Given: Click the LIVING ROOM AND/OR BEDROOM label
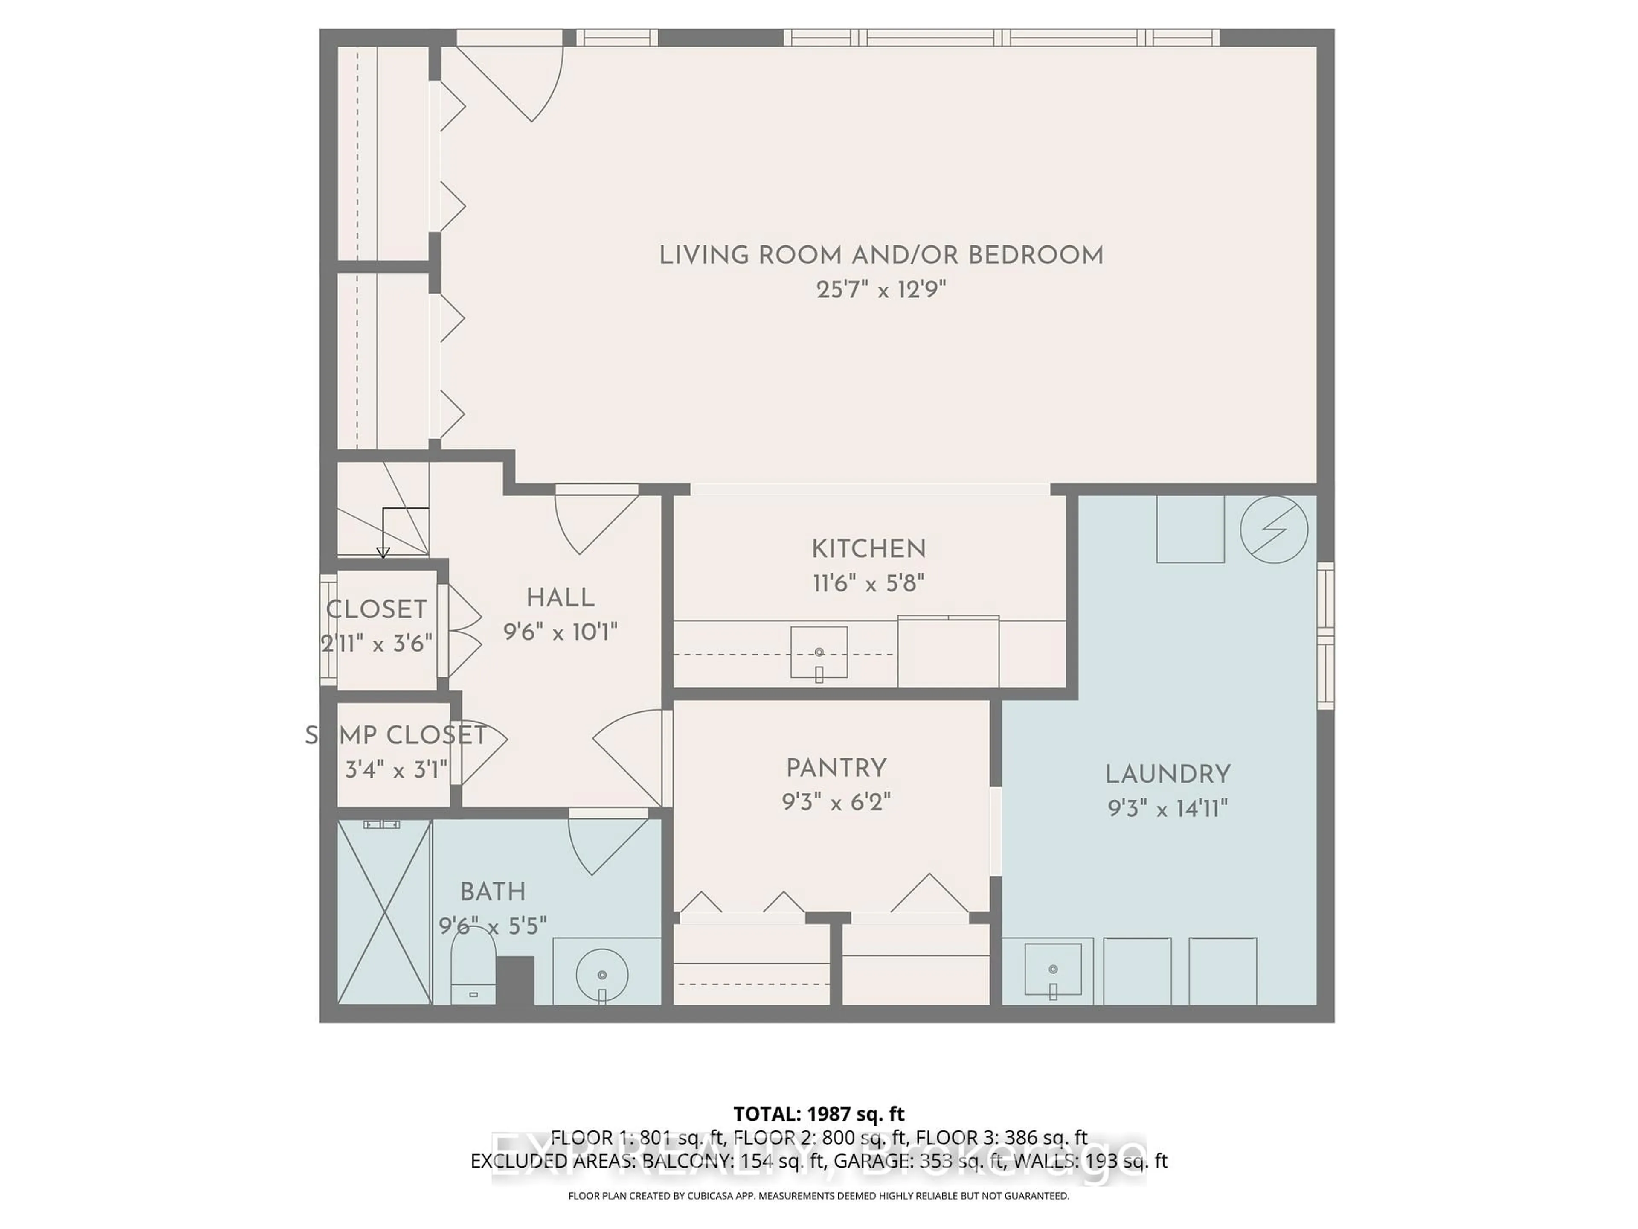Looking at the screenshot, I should (881, 256).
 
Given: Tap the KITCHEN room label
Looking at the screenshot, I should (868, 549).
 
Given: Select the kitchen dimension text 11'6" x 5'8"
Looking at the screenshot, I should (868, 584).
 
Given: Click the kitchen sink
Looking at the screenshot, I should (818, 652).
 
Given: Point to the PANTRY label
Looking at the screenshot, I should (836, 768).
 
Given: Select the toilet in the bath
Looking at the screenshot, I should (473, 967).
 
